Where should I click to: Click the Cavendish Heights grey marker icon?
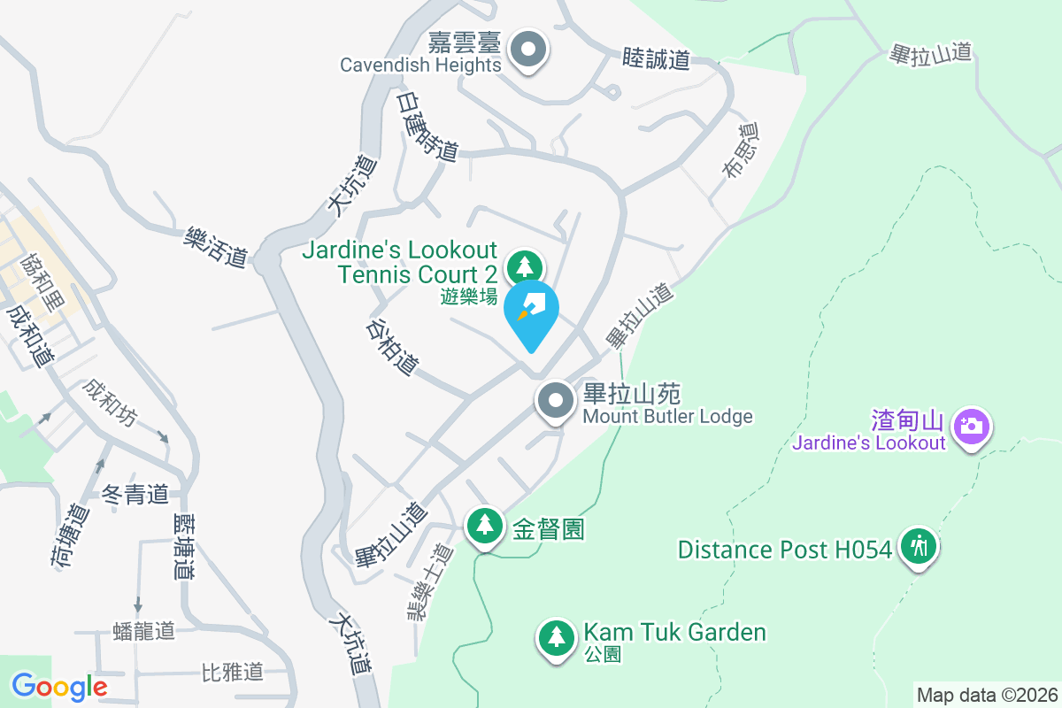click(x=529, y=51)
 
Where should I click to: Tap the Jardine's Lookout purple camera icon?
click(x=972, y=426)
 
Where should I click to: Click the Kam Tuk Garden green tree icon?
click(x=555, y=636)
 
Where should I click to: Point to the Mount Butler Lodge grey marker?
click(x=556, y=401)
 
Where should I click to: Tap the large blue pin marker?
click(x=531, y=312)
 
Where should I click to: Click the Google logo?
click(x=59, y=686)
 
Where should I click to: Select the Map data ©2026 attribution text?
click(x=986, y=695)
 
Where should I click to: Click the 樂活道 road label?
click(x=216, y=246)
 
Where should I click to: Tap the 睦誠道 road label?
click(x=656, y=59)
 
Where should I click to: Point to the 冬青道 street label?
click(x=135, y=495)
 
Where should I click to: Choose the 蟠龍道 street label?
click(x=144, y=631)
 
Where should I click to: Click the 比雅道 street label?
click(x=233, y=672)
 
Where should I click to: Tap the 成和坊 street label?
click(x=110, y=404)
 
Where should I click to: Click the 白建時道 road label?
click(x=427, y=127)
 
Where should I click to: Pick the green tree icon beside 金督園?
click(x=484, y=525)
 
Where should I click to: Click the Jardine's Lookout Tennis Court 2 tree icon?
click(x=525, y=265)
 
